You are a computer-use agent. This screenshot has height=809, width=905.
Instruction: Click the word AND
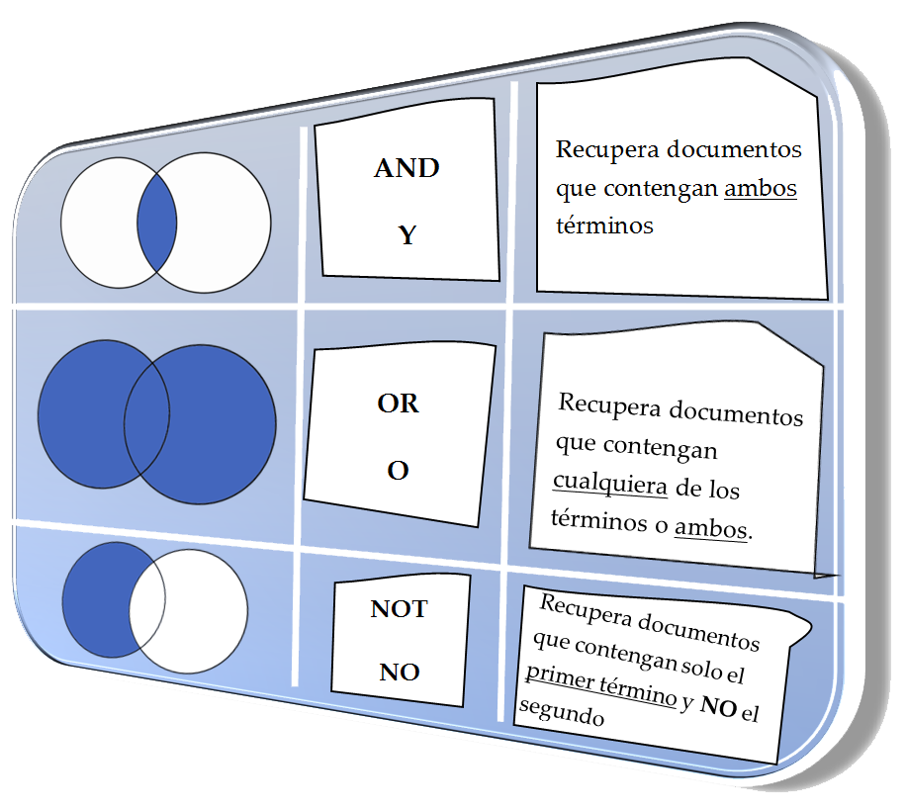coord(407,169)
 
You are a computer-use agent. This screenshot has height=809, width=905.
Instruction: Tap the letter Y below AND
coord(407,235)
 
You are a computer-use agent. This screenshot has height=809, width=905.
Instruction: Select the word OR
coord(398,404)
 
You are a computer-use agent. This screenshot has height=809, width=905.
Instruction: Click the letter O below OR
coord(398,471)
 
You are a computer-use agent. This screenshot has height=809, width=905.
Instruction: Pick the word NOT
coord(399,608)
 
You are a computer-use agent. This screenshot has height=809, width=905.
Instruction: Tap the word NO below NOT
coord(400,674)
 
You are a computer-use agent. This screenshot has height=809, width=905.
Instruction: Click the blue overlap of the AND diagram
coord(156,223)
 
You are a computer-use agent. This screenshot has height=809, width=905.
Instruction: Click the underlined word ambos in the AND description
coord(761,188)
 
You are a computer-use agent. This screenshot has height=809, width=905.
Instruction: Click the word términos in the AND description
coord(604,225)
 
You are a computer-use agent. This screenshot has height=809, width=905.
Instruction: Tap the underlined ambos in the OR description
coord(710,528)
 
